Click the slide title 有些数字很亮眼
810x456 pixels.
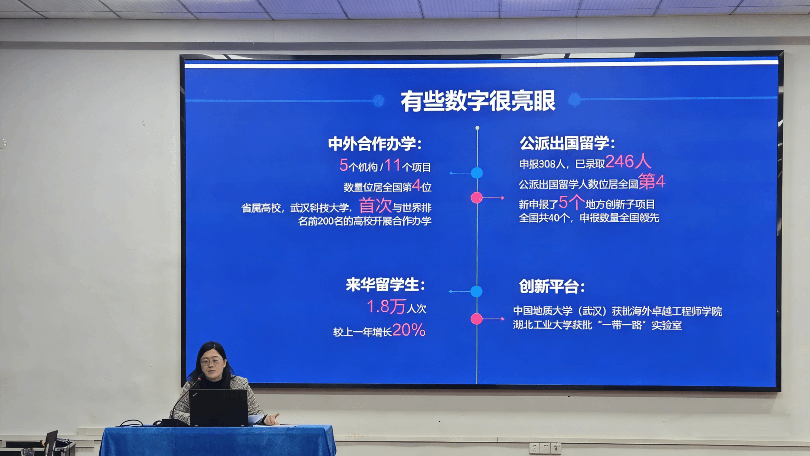pos(478,101)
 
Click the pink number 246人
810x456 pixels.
pos(628,161)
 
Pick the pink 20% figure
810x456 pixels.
pos(409,330)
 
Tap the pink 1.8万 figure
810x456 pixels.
pos(386,306)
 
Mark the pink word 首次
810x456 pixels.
pos(375,206)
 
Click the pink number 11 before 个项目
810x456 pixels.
pos(392,165)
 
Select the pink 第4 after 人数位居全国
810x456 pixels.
pos(652,181)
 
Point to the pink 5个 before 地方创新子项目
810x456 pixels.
pos(572,202)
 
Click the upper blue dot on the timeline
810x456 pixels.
pos(477,173)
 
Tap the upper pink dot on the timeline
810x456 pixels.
pos(477,197)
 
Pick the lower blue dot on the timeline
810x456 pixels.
pos(477,292)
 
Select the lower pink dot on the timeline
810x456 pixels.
pos(477,319)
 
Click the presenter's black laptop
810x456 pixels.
pos(219,407)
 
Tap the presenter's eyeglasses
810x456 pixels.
pos(212,362)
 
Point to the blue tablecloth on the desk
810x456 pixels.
pos(218,441)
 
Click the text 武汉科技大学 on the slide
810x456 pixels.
pos(320,208)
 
